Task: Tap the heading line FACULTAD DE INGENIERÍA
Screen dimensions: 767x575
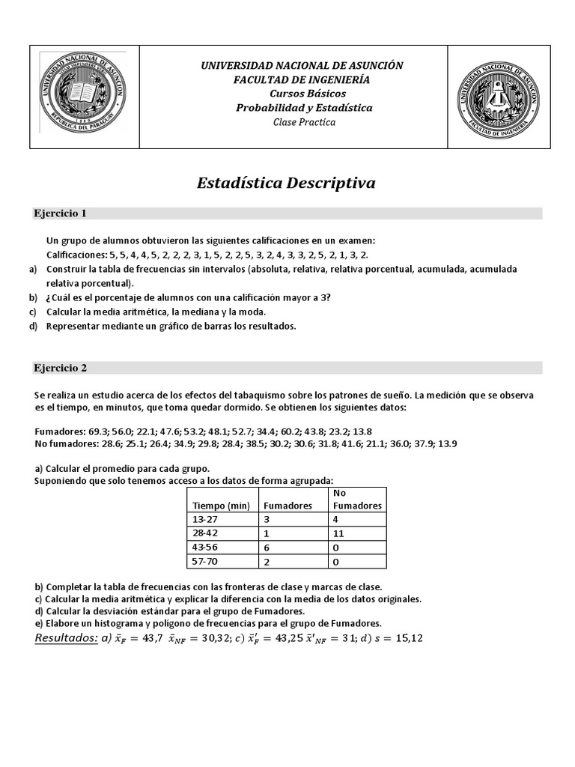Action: [302, 79]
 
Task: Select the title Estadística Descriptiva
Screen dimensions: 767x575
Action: [286, 184]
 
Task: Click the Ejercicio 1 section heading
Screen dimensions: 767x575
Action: [61, 213]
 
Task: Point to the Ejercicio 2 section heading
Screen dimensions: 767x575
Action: [61, 368]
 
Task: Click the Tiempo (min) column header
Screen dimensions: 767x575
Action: [221, 506]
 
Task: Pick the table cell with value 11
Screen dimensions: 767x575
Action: [338, 534]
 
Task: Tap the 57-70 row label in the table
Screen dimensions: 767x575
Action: [205, 562]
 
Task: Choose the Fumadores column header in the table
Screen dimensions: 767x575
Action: [287, 506]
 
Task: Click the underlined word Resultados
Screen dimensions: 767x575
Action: [67, 637]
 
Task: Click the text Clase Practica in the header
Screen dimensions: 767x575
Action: [304, 122]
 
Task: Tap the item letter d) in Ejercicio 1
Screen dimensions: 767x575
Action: [34, 326]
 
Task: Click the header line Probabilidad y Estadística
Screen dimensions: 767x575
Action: [304, 108]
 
